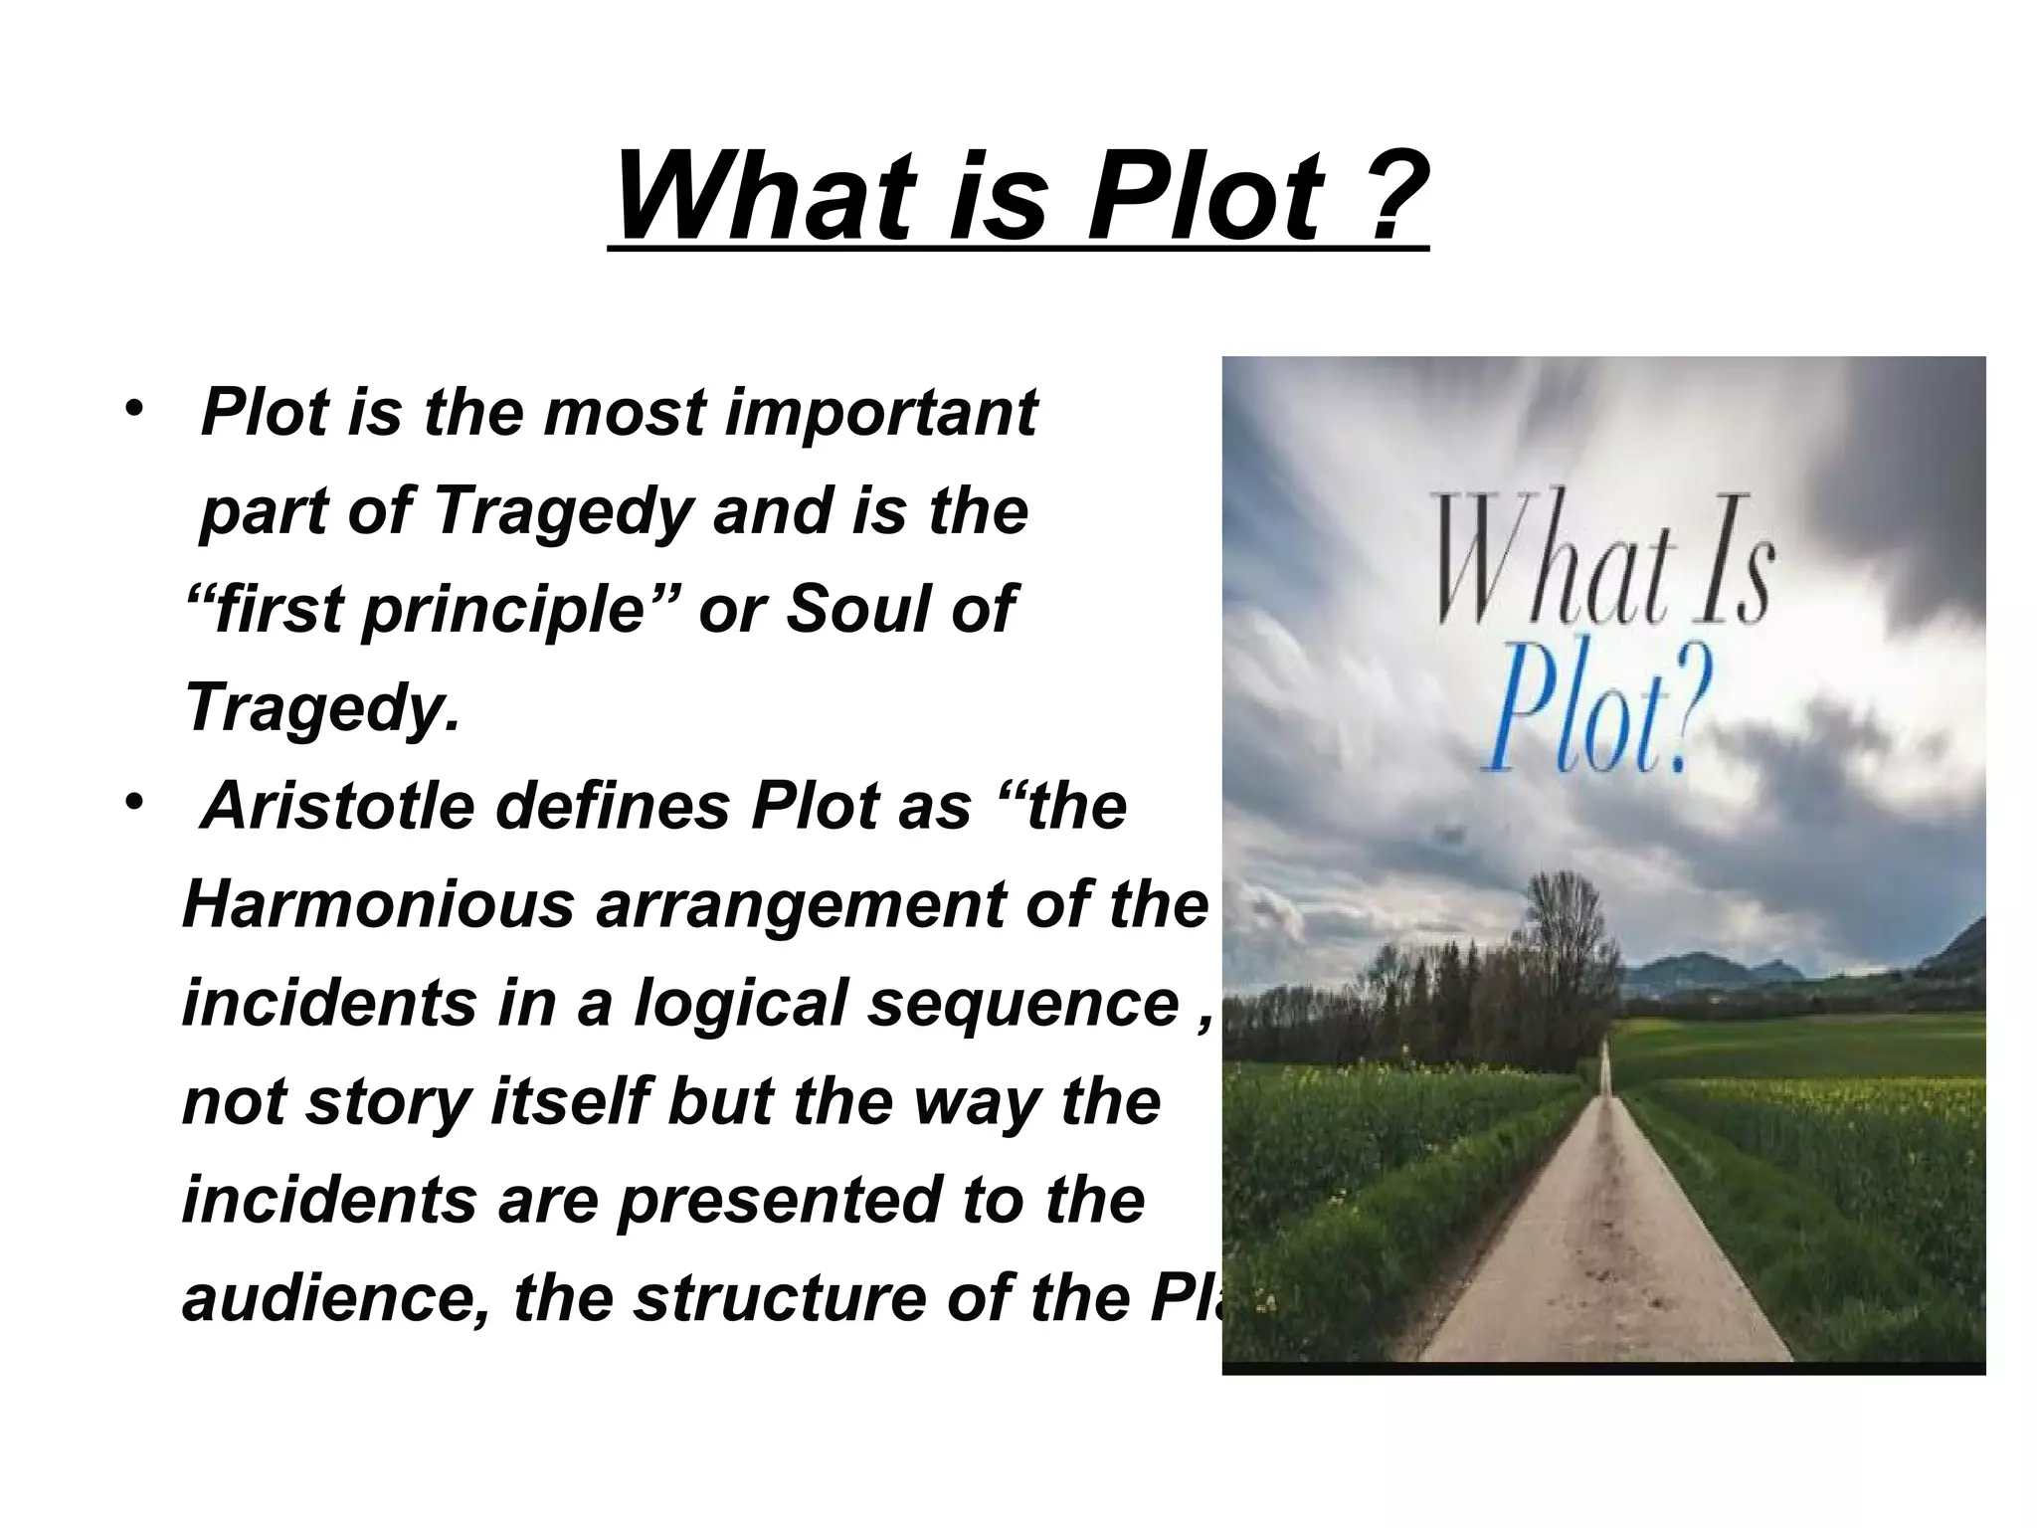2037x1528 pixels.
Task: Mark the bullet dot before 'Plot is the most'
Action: [132, 409]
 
